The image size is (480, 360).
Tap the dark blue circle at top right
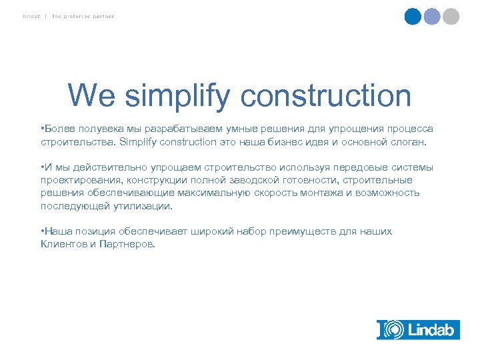[413, 16]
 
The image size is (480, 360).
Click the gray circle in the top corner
[451, 16]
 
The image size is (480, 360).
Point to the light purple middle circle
[432, 16]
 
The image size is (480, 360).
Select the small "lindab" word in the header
[30, 16]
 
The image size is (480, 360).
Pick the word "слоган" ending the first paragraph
[413, 141]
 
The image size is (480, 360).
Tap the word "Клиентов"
[63, 244]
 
